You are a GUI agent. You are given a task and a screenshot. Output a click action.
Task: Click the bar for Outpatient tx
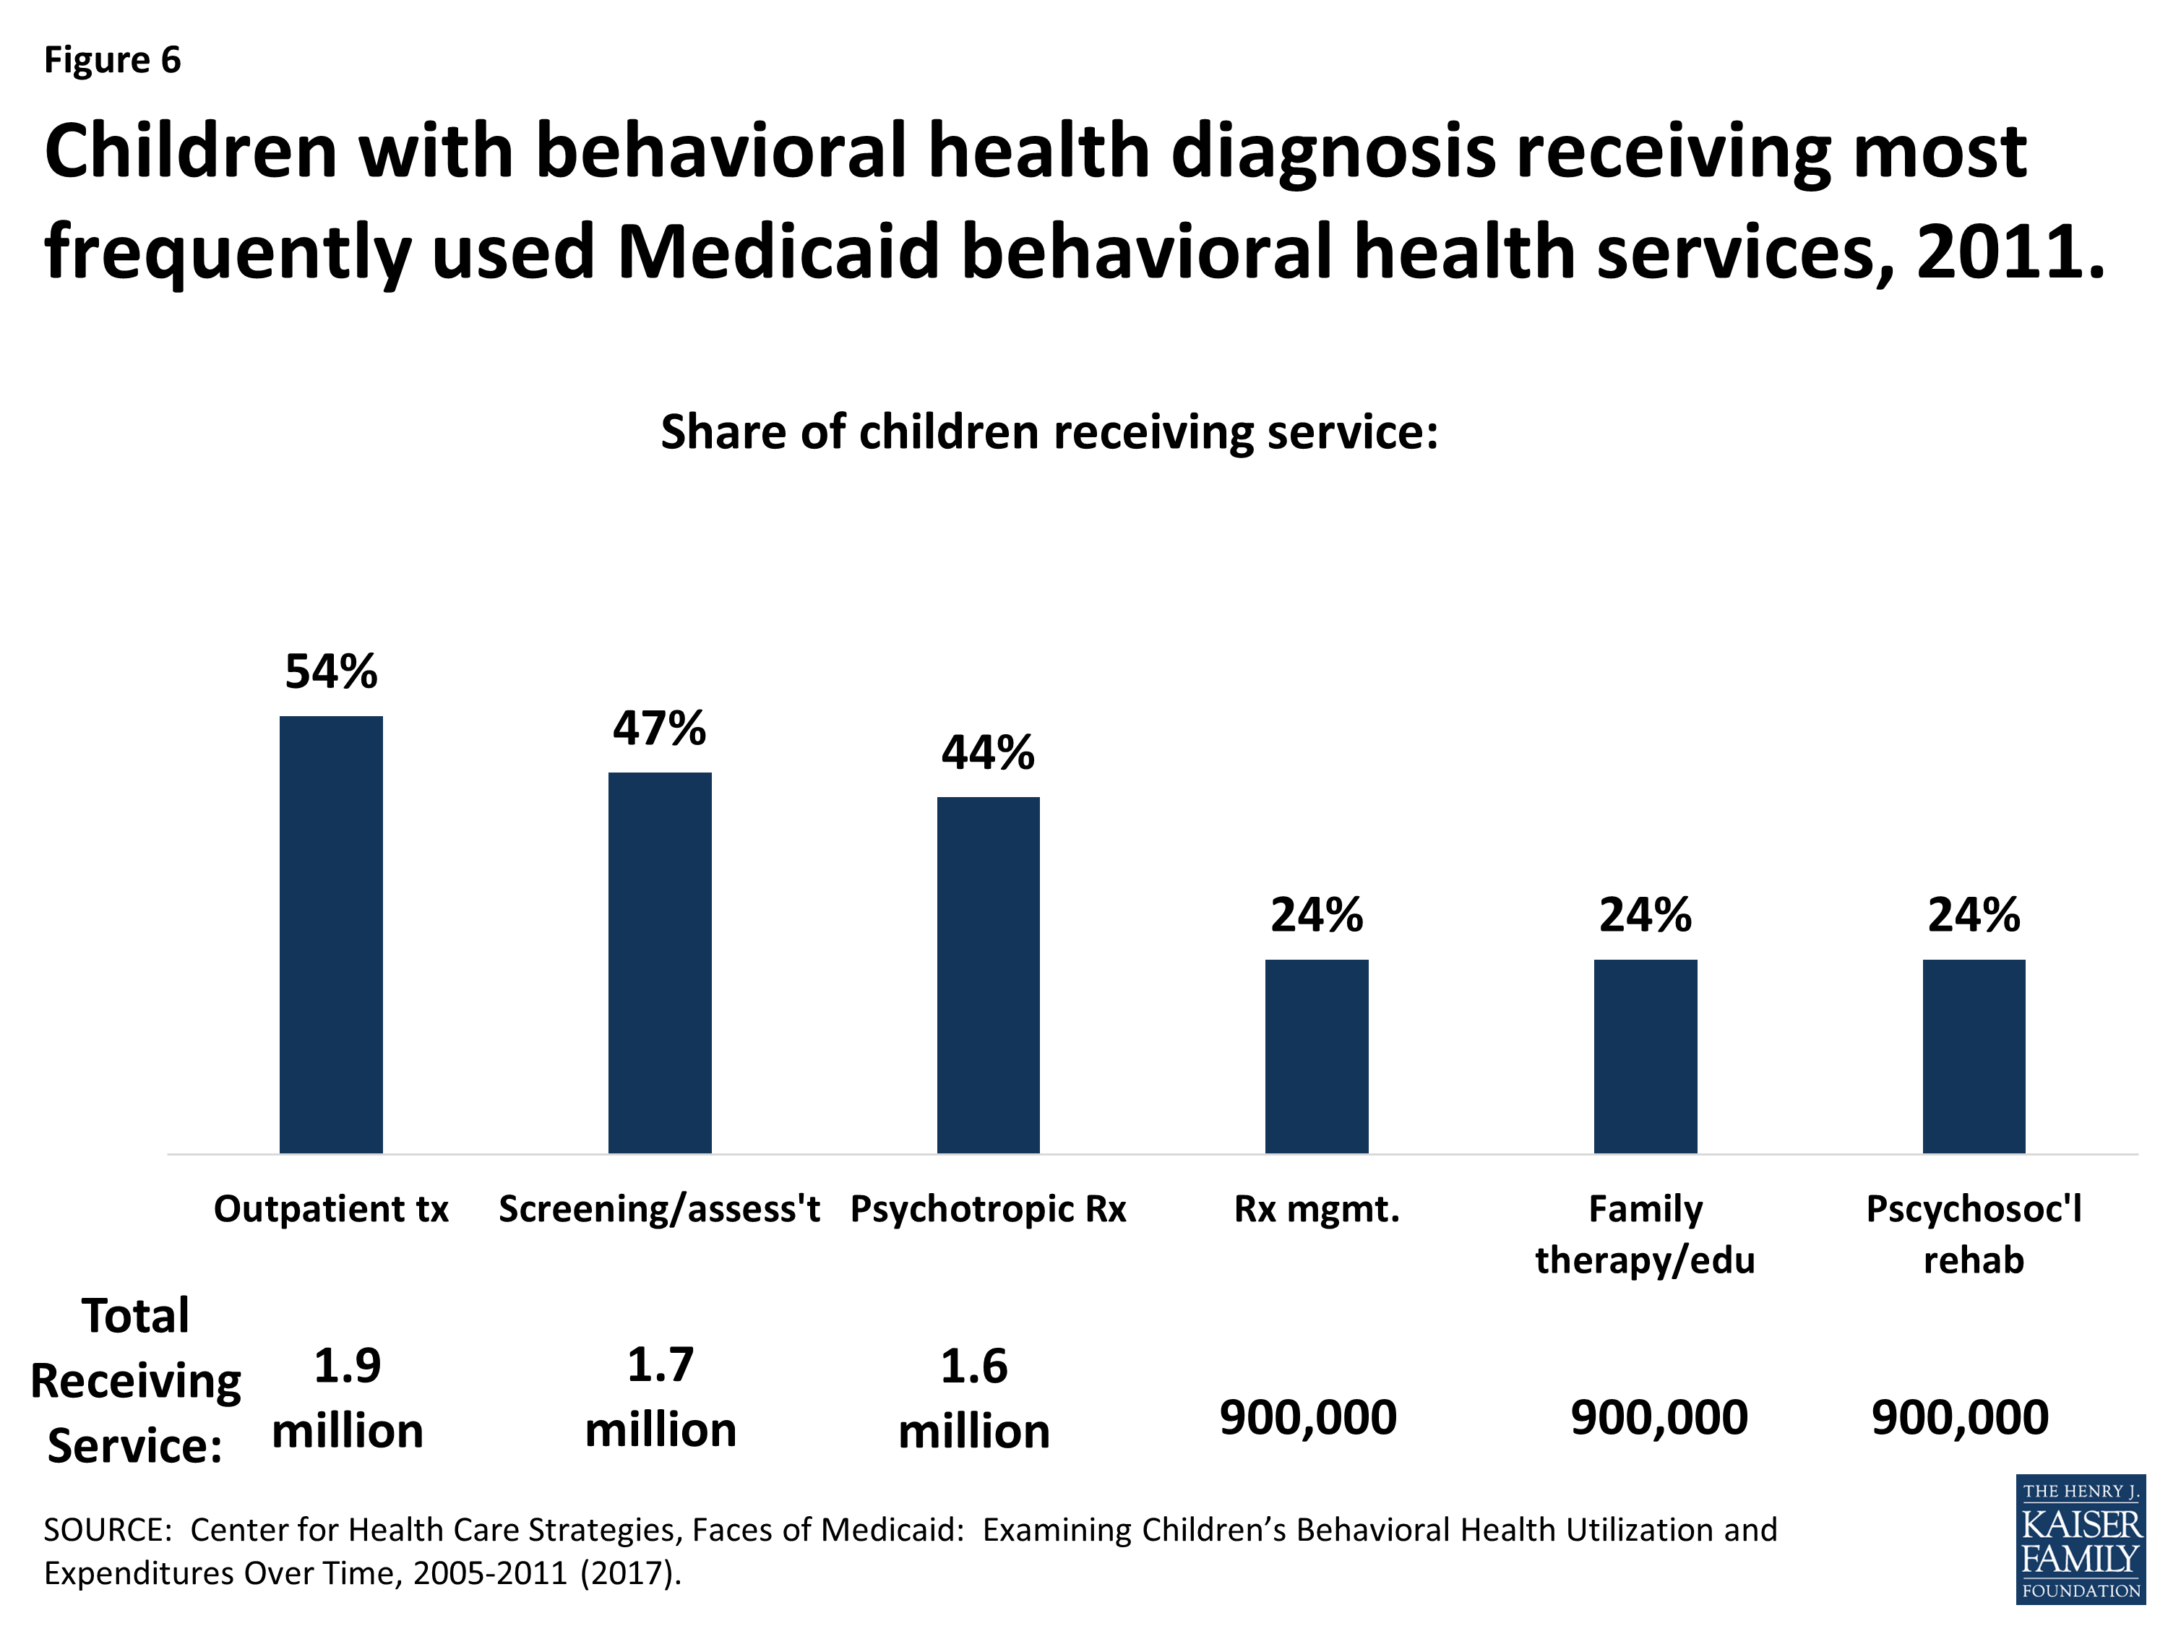(331, 935)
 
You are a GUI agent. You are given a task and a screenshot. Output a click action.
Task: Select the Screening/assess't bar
(660, 963)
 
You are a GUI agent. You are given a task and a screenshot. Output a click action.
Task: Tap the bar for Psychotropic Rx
(988, 975)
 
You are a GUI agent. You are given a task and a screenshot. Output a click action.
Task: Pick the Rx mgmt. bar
(1316, 1057)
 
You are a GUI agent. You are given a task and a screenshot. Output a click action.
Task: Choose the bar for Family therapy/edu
(1646, 1057)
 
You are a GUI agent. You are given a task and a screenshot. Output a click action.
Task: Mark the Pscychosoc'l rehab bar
(1974, 1057)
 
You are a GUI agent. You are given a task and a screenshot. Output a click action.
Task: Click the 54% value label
(331, 672)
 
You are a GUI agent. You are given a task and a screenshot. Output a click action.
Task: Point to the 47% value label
(660, 729)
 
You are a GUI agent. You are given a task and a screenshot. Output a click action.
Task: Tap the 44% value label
(988, 754)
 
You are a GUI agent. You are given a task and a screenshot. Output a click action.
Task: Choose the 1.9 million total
(348, 1398)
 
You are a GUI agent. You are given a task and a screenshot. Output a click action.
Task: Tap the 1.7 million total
(661, 1398)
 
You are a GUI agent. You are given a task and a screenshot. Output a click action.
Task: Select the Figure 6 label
(113, 61)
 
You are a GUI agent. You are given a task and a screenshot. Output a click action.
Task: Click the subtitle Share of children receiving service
(1050, 432)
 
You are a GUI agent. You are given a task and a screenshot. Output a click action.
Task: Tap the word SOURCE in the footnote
(108, 1530)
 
